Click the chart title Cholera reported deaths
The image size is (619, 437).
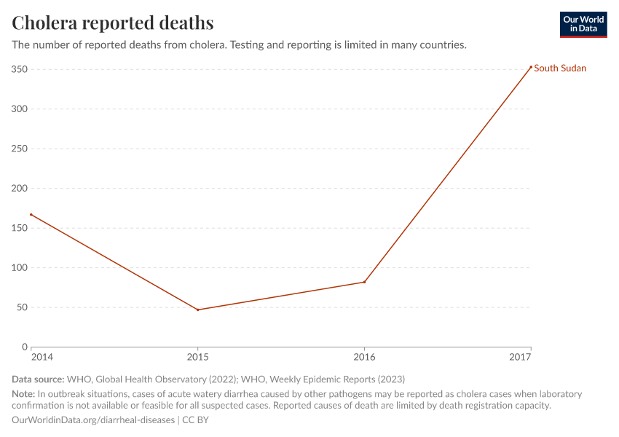click(113, 23)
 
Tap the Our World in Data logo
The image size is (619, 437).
click(583, 24)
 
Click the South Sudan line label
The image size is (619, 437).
click(560, 68)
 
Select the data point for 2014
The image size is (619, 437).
click(31, 215)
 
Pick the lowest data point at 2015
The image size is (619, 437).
click(197, 310)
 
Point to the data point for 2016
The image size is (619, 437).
click(364, 282)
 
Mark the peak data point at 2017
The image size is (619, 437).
click(531, 67)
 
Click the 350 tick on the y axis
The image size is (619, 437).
click(20, 69)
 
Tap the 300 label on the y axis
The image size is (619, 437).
click(20, 109)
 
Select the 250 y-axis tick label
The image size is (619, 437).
click(20, 149)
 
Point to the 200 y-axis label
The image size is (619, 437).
click(20, 189)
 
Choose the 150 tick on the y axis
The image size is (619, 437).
click(20, 228)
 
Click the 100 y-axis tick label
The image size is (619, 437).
click(20, 268)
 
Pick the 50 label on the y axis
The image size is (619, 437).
click(22, 307)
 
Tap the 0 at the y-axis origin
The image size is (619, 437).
click(25, 347)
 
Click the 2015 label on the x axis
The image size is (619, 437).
click(197, 357)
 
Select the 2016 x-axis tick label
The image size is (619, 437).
click(364, 357)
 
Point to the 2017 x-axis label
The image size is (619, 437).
click(521, 357)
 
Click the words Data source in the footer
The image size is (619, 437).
click(38, 379)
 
